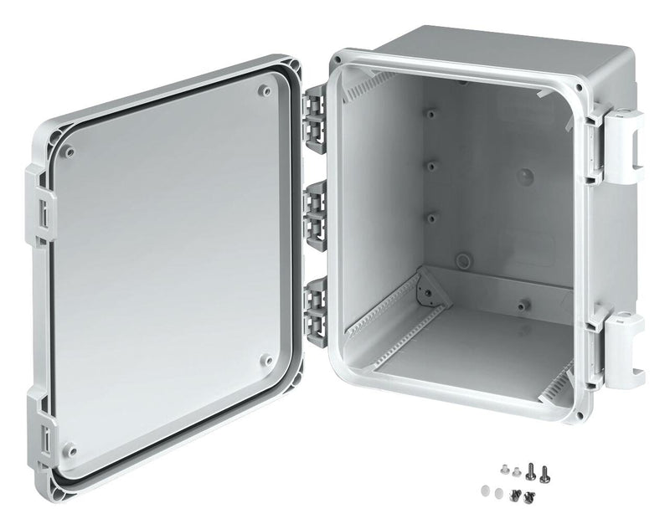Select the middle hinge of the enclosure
316,208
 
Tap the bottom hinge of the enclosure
316,303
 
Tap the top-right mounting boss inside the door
265,90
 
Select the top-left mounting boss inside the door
70,152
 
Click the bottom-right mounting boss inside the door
266,360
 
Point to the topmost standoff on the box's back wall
430,112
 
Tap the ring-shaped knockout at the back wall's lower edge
461,259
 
